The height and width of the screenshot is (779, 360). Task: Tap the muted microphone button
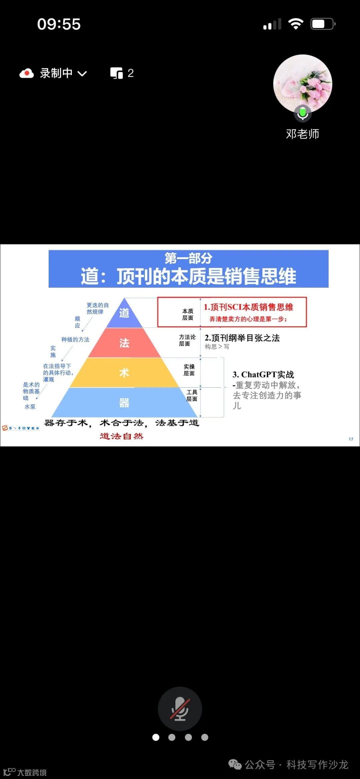click(x=180, y=709)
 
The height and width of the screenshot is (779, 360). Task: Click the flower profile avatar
click(x=303, y=84)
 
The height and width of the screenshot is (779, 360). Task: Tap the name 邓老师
click(x=303, y=134)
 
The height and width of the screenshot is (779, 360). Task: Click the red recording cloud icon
click(x=27, y=73)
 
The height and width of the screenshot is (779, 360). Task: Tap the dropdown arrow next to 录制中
click(x=82, y=74)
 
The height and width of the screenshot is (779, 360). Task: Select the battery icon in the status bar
click(x=322, y=24)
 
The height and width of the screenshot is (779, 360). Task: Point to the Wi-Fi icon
click(x=295, y=24)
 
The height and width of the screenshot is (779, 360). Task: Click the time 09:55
click(x=59, y=24)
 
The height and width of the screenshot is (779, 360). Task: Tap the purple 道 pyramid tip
click(x=124, y=313)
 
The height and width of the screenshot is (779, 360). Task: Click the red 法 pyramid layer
click(x=124, y=343)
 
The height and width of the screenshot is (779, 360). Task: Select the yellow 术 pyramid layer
click(x=124, y=373)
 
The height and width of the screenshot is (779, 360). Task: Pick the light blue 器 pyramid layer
click(x=124, y=403)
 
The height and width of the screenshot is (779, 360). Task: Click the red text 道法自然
click(x=121, y=436)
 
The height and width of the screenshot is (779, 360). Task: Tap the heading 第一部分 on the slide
click(x=188, y=258)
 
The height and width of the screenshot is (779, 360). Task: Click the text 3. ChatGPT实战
click(x=263, y=375)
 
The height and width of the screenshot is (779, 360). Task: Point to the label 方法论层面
click(x=187, y=340)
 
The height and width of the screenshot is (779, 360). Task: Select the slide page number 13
click(x=351, y=439)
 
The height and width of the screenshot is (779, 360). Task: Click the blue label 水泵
click(x=30, y=407)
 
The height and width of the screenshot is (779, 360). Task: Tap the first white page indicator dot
click(x=156, y=737)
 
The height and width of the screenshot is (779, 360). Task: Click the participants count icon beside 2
click(x=117, y=73)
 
